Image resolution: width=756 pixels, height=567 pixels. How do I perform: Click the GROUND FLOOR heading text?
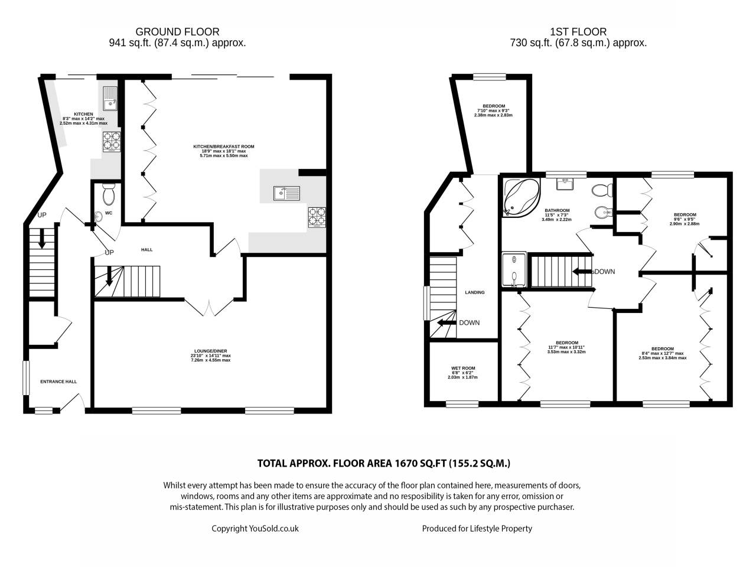(177, 32)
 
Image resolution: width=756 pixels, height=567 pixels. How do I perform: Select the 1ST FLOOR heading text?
(578, 32)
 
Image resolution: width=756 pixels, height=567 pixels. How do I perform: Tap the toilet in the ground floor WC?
(109, 194)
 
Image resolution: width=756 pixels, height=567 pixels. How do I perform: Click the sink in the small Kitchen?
(110, 99)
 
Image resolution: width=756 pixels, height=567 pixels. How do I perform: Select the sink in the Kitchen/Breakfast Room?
(286, 193)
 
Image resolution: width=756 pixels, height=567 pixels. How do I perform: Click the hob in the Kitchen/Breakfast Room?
(317, 217)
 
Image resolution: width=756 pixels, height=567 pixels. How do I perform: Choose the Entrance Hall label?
(58, 382)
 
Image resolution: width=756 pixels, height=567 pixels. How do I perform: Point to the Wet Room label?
(462, 368)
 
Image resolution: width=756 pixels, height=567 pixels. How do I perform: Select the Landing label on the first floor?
(475, 292)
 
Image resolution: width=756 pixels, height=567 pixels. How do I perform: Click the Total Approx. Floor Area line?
(383, 464)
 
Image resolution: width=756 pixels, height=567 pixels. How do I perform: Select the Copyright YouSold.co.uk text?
(255, 528)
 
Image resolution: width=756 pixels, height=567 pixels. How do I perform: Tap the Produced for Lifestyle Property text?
(477, 528)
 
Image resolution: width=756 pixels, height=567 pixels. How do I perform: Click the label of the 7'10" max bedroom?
(493, 106)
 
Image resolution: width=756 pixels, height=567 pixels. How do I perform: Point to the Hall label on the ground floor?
(146, 250)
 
